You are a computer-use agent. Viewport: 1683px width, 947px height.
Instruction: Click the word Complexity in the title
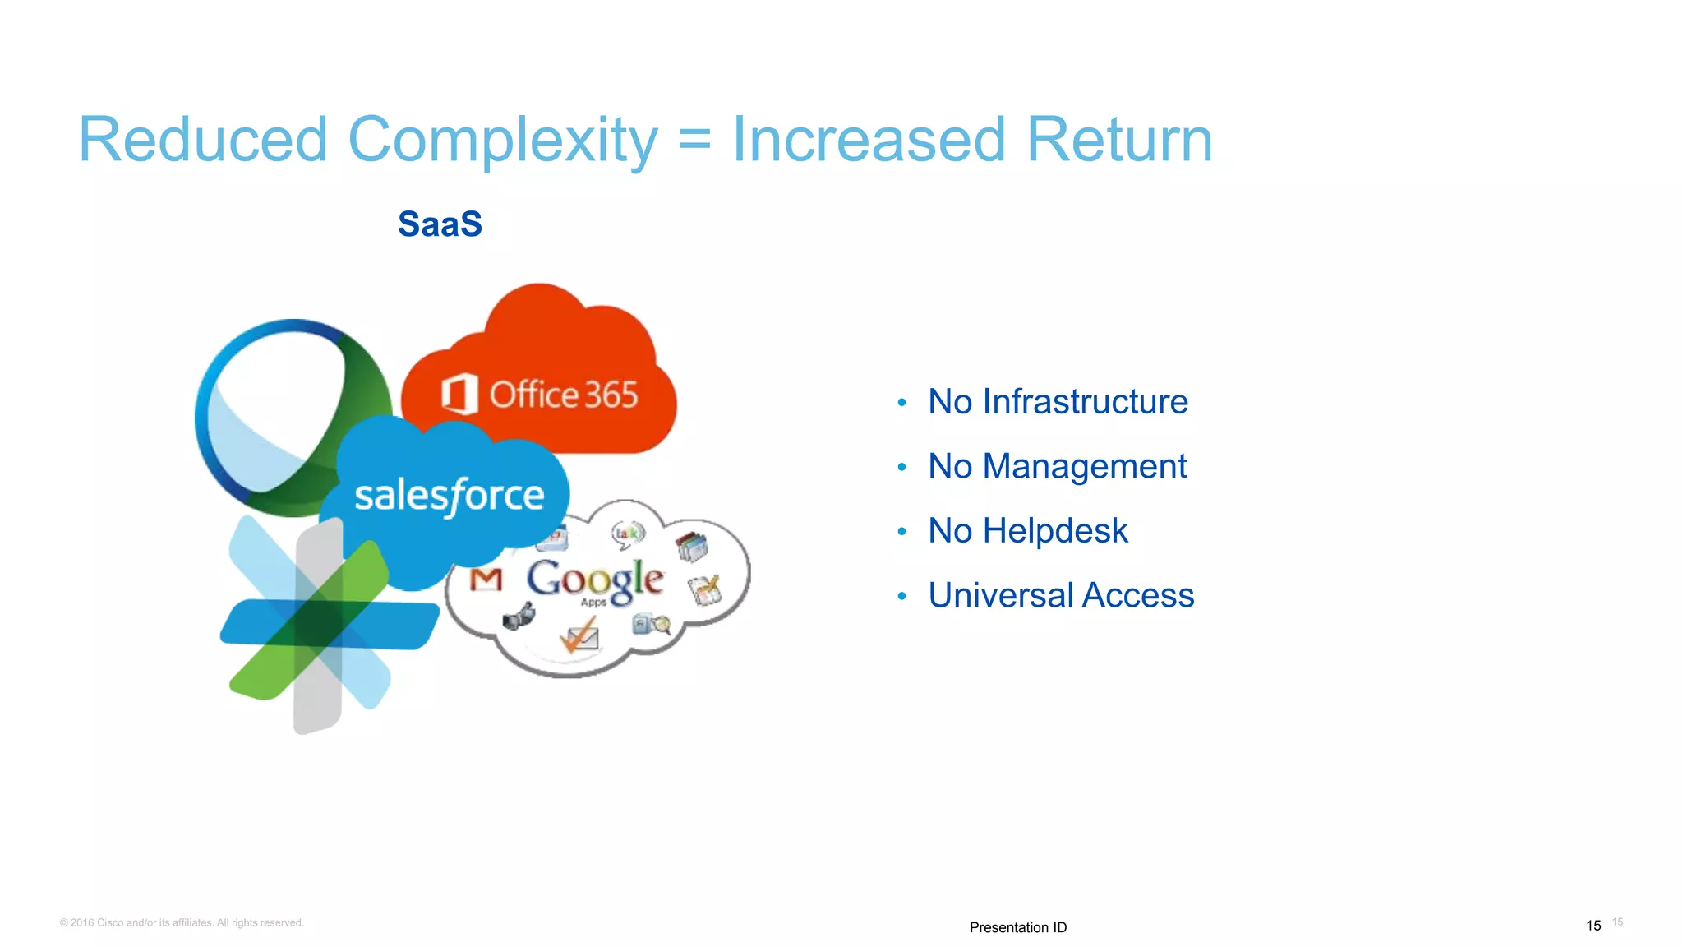(502, 140)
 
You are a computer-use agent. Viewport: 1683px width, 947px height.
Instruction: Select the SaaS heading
(440, 224)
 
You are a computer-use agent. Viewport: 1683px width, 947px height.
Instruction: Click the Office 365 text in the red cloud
(564, 395)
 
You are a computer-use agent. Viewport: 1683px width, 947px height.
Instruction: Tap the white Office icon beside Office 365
(459, 394)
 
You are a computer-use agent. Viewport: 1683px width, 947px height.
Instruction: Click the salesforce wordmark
(449, 496)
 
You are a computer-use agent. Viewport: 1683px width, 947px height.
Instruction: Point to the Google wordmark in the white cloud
(594, 579)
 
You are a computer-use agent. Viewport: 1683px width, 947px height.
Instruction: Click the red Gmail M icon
(486, 580)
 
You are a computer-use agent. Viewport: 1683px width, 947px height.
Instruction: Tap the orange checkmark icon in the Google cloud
(579, 635)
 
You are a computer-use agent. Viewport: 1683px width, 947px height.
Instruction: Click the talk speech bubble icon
(628, 534)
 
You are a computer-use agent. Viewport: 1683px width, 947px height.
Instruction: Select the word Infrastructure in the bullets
(1085, 402)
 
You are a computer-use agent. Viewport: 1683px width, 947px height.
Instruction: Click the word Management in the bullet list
(1084, 467)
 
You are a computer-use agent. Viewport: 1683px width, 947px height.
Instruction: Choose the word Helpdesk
(1055, 531)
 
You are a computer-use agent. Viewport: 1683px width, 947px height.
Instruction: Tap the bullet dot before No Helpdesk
(901, 532)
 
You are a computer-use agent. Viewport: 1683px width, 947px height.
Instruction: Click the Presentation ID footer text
(1017, 927)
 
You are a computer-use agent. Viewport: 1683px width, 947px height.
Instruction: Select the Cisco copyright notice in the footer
(182, 922)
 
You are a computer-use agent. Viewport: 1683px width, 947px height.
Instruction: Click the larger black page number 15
(1593, 926)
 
